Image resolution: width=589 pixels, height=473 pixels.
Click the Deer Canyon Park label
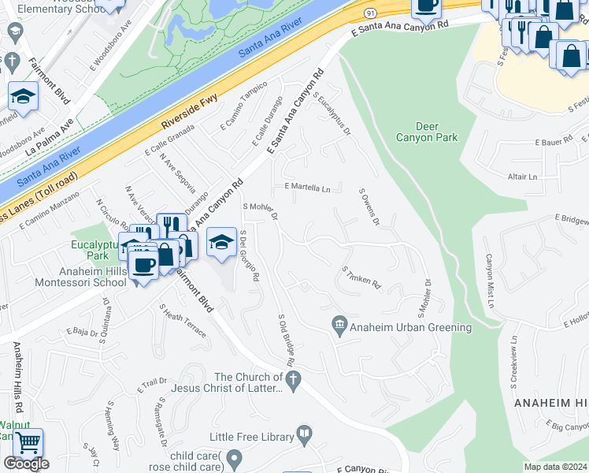tap(437, 132)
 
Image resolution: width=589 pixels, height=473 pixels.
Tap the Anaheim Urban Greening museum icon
tap(340, 324)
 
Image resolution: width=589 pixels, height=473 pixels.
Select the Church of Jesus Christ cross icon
tap(293, 382)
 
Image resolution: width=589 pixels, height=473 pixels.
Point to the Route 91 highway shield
tap(370, 13)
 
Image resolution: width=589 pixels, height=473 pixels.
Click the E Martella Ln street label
tap(307, 188)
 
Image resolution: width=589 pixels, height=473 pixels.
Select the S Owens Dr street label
tap(369, 207)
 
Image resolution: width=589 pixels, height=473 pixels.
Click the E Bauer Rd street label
tap(554, 143)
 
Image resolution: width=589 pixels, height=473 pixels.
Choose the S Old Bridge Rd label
tap(286, 340)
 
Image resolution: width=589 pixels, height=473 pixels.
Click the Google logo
tap(26, 464)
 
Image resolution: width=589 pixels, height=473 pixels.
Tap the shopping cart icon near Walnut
tap(28, 443)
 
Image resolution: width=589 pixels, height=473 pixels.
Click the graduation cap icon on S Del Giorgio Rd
tap(222, 240)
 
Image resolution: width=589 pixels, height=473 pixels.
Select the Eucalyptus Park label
tap(89, 250)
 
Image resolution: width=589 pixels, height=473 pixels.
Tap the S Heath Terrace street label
tap(183, 321)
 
